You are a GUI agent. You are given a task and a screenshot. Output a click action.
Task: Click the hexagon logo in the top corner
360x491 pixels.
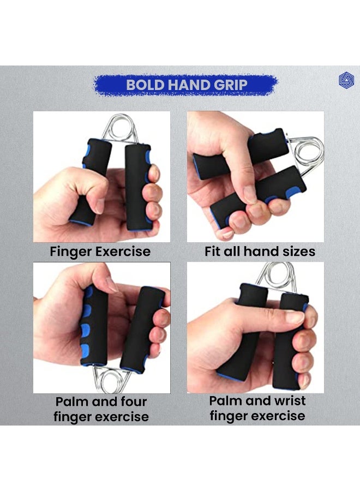click(x=346, y=81)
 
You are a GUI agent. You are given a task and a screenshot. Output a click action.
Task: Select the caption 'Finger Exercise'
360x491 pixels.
click(x=100, y=252)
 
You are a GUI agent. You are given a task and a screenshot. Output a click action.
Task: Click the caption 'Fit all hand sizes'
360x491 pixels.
click(x=260, y=252)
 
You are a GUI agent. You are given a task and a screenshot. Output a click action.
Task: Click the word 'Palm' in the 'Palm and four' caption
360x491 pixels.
click(x=74, y=402)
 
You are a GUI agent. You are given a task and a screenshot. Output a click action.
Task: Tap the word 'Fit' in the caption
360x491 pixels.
click(x=213, y=252)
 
